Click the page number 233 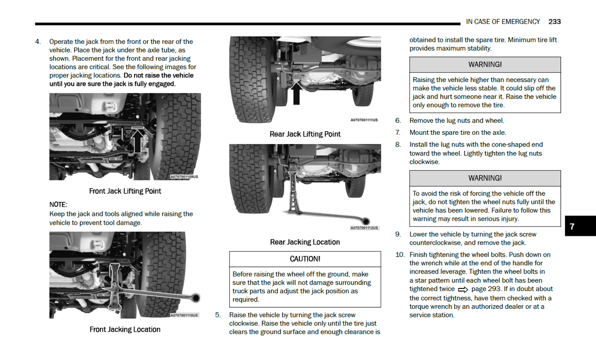(554, 22)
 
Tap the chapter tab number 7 (572, 226)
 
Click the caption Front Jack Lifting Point (125, 191)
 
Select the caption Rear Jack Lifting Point (305, 134)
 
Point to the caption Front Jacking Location (125, 329)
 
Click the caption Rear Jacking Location (305, 242)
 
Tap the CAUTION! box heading (305, 259)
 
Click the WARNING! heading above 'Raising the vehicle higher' (485, 65)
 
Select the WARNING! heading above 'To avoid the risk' (485, 178)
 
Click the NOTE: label (58, 204)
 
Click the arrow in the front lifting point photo (138, 141)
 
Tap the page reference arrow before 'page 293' (463, 290)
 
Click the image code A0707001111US (364, 120)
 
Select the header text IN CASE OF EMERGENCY (503, 22)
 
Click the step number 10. (400, 255)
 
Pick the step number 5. (217, 315)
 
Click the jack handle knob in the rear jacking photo (366, 221)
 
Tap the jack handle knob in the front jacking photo (195, 297)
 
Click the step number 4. (38, 42)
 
